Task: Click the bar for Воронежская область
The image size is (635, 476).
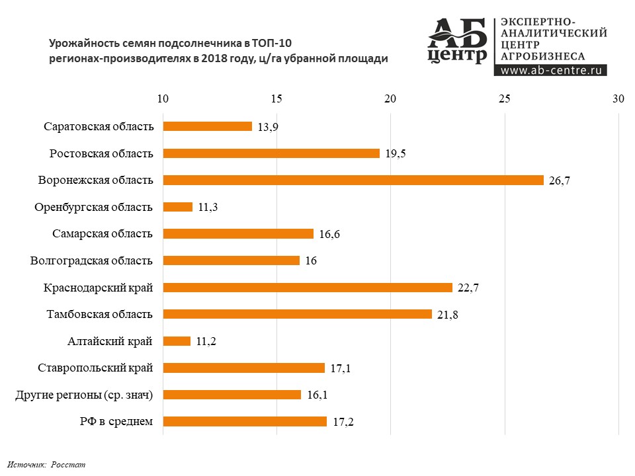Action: tap(353, 180)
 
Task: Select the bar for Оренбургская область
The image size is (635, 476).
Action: tap(177, 207)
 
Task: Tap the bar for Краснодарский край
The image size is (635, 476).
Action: tap(308, 288)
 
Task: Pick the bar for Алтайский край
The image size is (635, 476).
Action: tap(177, 341)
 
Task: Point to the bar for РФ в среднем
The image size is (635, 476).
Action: tap(245, 421)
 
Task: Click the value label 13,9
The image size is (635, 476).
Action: tap(267, 126)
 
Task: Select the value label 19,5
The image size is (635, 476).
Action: tap(395, 153)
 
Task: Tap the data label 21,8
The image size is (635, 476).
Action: tap(448, 315)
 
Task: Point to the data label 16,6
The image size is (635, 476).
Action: tap(329, 234)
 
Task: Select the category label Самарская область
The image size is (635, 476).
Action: tap(103, 233)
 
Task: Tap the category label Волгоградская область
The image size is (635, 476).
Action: tap(92, 260)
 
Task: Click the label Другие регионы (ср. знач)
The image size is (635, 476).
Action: tap(84, 395)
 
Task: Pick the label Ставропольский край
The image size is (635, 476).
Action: tap(96, 368)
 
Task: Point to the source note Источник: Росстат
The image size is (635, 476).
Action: tap(47, 465)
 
